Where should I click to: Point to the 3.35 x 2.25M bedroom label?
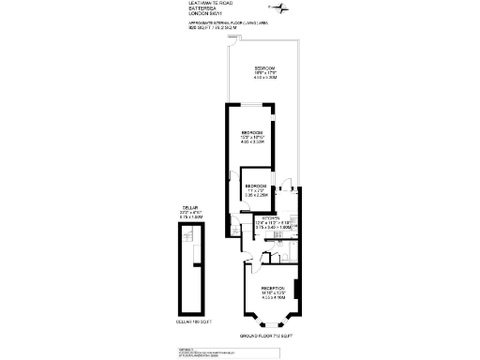pos(257,191)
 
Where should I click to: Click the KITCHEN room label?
pos(262,217)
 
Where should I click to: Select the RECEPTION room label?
pos(273,288)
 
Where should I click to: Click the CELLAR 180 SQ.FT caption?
pos(193,322)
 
